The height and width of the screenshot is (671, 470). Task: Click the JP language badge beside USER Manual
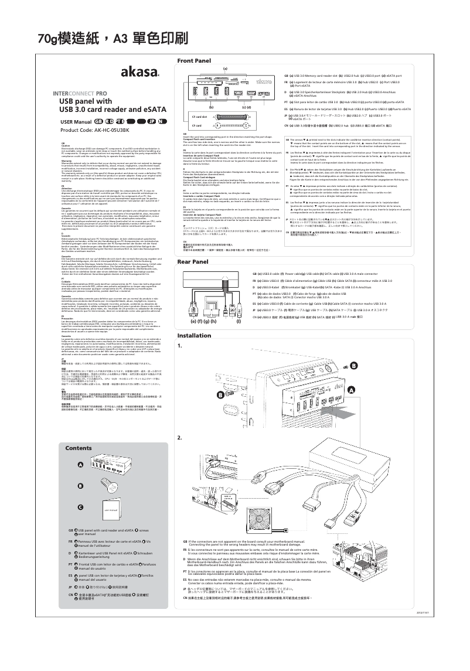tap(152, 121)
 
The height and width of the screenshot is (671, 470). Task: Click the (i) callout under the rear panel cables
tap(255, 322)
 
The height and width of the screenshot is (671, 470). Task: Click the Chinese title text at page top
tap(113, 39)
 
